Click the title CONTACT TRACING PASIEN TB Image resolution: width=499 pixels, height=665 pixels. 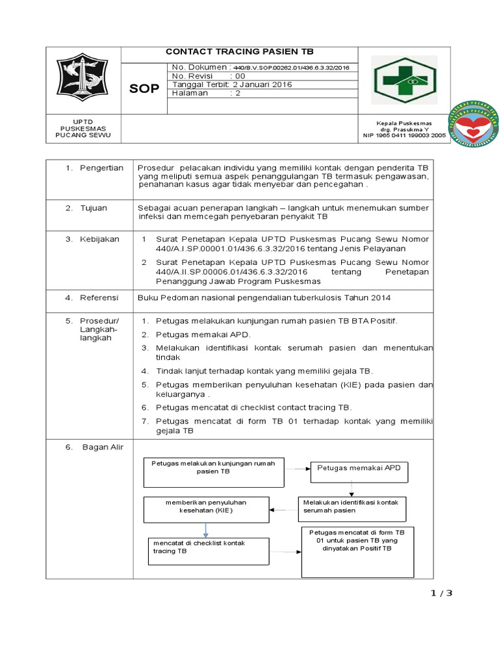click(x=240, y=52)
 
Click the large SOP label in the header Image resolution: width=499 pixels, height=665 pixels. click(x=144, y=88)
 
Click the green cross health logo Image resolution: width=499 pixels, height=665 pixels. click(x=404, y=80)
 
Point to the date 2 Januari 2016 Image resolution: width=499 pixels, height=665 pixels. click(x=263, y=84)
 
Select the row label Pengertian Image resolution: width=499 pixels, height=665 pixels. click(x=101, y=168)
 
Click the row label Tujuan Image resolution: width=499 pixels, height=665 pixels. click(x=94, y=208)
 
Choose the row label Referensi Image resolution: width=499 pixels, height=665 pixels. click(x=99, y=297)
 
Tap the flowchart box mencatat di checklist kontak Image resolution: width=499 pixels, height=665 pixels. click(x=207, y=547)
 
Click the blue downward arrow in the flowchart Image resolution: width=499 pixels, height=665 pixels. click(x=207, y=529)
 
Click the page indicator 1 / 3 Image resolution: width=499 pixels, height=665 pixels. click(x=441, y=592)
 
